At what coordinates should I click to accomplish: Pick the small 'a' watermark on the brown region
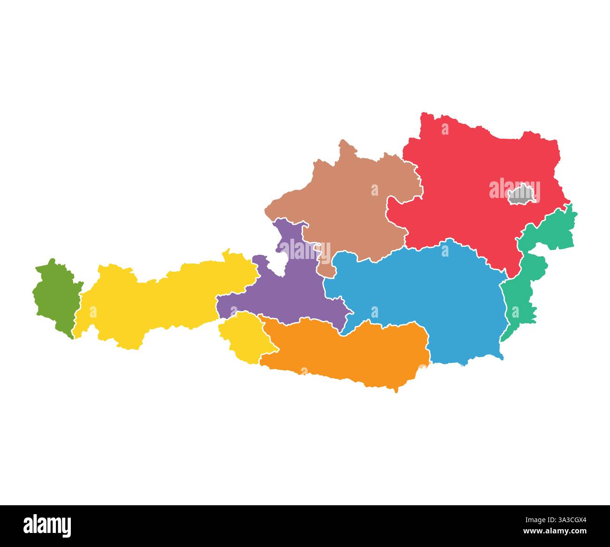coord(374,190)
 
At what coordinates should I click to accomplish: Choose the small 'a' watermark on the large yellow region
coord(93,312)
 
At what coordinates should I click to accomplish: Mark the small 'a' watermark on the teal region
coord(515,312)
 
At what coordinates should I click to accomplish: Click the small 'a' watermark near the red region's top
coord(445,129)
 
